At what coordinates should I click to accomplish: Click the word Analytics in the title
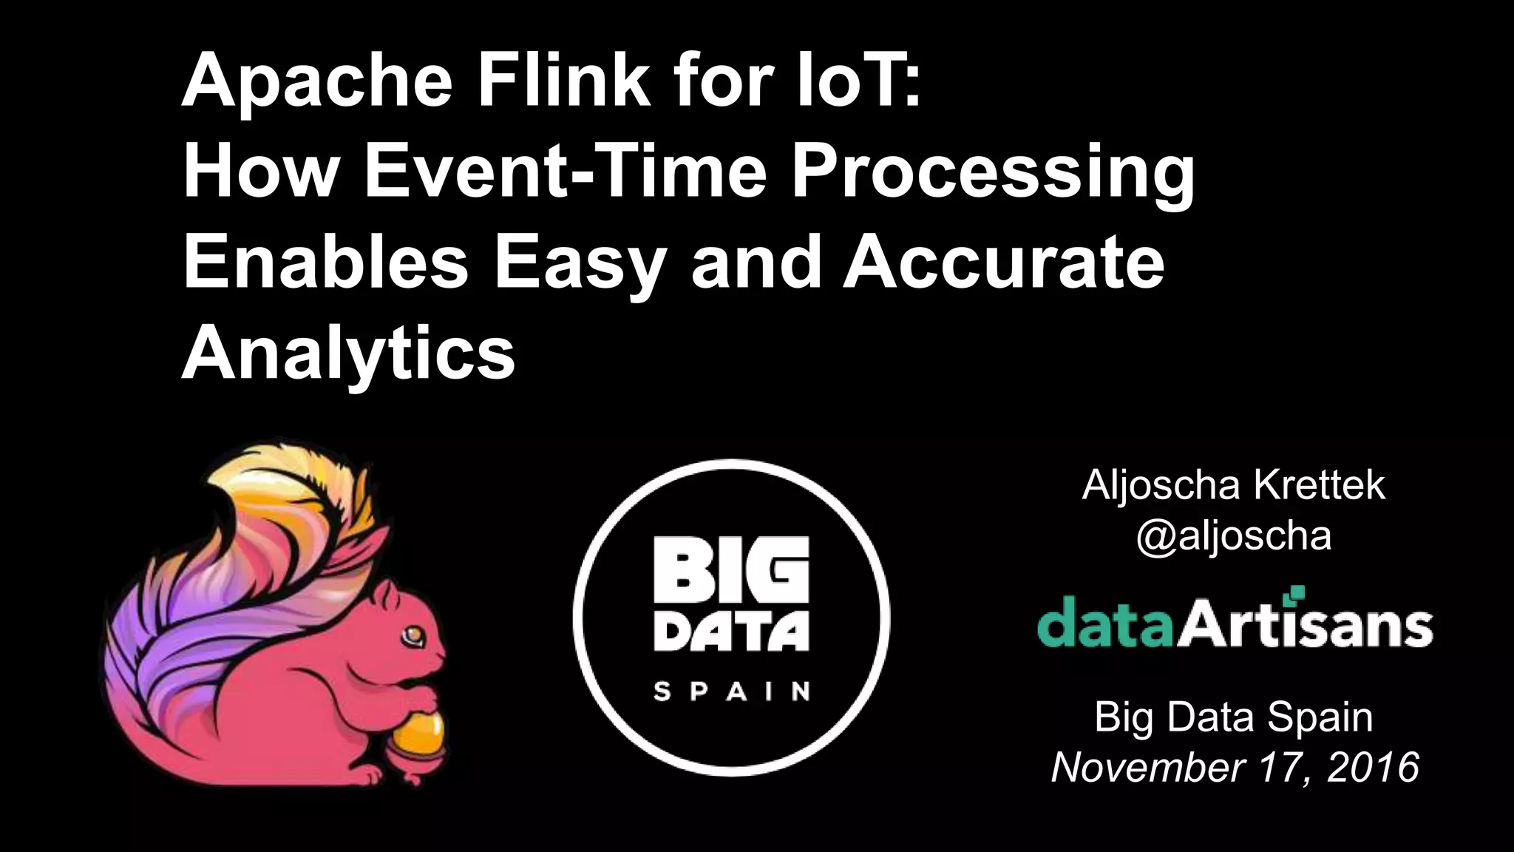click(348, 355)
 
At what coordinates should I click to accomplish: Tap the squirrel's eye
click(411, 635)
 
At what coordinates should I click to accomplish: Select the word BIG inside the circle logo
click(731, 572)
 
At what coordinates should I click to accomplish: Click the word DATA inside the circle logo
click(731, 635)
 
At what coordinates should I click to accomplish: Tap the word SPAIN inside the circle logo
click(731, 692)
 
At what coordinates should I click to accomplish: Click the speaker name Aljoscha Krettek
click(1233, 485)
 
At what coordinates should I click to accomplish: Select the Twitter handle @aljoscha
click(1233, 535)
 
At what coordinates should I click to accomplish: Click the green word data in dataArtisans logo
click(1106, 625)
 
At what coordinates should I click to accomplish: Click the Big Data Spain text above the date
click(1233, 717)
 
